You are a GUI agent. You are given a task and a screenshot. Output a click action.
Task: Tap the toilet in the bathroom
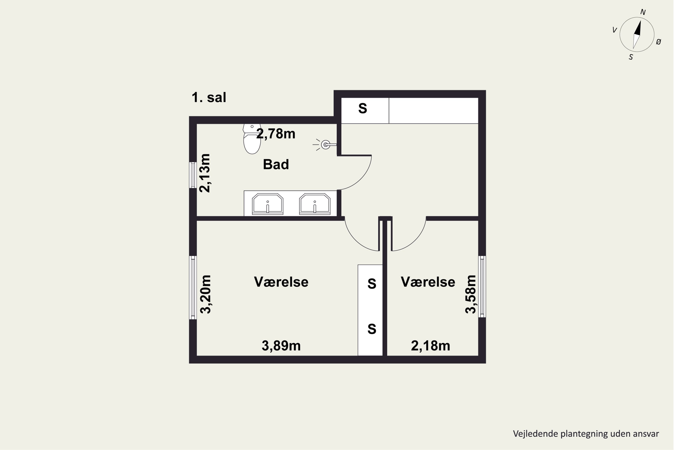pyautogui.click(x=252, y=139)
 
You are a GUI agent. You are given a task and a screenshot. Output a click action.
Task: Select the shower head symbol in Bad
pyautogui.click(x=325, y=144)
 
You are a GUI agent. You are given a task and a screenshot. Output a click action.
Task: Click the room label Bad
pyautogui.click(x=276, y=164)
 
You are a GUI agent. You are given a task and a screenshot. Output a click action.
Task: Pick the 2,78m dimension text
pyautogui.click(x=276, y=134)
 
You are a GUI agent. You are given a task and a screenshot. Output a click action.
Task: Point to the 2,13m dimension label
pyautogui.click(x=205, y=173)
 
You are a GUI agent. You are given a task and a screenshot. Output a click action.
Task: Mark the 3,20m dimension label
pyautogui.click(x=205, y=294)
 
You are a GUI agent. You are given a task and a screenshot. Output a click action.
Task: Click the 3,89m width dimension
pyautogui.click(x=281, y=346)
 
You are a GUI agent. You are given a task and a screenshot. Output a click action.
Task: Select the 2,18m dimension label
pyautogui.click(x=430, y=346)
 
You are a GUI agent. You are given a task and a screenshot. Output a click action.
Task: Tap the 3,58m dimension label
pyautogui.click(x=470, y=294)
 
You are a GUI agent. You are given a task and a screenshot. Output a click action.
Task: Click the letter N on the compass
pyautogui.click(x=643, y=12)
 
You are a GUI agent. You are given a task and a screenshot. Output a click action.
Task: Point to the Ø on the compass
pyautogui.click(x=658, y=42)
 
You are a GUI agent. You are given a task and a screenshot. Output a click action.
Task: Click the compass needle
pyautogui.click(x=636, y=35)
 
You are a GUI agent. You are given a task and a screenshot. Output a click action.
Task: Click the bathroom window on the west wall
pyautogui.click(x=193, y=175)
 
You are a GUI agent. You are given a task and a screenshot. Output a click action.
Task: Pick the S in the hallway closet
pyautogui.click(x=363, y=108)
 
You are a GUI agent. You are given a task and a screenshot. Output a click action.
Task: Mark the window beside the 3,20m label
pyautogui.click(x=193, y=288)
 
